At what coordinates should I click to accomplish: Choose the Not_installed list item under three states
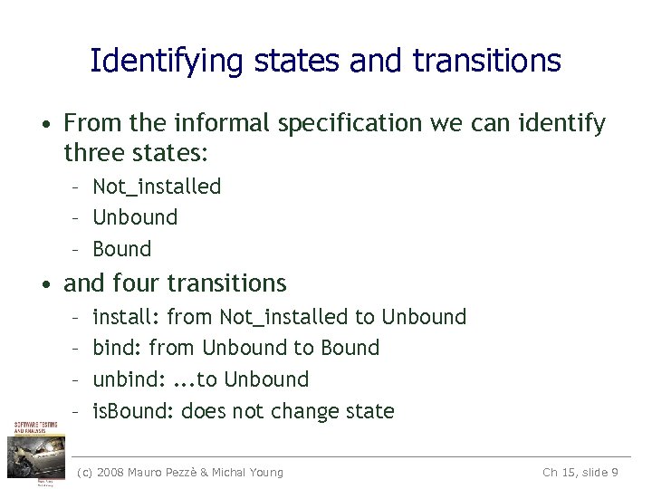coord(157,187)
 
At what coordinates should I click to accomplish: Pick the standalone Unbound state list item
coord(135,217)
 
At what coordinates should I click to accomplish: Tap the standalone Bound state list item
coord(122,249)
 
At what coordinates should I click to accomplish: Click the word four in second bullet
coord(138,283)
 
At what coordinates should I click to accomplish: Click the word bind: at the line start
coord(117,348)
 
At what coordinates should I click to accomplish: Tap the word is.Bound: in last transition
coord(133,411)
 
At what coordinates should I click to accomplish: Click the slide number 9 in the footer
coord(615,472)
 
